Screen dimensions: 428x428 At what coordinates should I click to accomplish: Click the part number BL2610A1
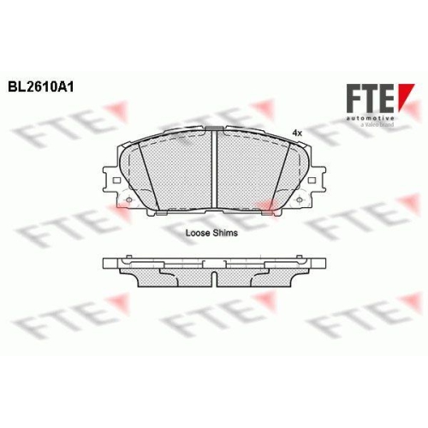click(41, 87)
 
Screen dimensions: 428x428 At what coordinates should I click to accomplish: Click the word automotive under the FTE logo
click(370, 118)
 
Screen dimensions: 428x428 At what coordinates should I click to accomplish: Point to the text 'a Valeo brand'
click(377, 125)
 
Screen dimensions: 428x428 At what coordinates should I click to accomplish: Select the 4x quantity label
click(297, 133)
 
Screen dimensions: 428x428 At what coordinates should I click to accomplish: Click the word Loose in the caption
click(197, 233)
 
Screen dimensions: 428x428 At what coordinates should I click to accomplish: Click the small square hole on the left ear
click(116, 181)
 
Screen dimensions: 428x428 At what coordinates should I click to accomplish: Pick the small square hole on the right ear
click(312, 181)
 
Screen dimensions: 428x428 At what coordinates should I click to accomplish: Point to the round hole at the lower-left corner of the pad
click(128, 199)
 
